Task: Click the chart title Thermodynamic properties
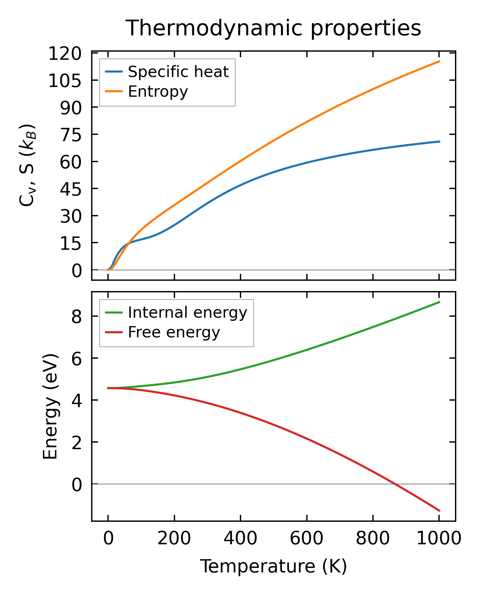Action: point(273,28)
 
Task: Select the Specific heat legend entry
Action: point(178,72)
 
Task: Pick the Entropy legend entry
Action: point(158,91)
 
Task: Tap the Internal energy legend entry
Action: point(187,312)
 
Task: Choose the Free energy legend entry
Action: point(174,332)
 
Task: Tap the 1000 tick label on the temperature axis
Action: point(439,539)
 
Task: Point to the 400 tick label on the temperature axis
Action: point(240,539)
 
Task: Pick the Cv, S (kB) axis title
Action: point(28,165)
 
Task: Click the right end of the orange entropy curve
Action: point(439,61)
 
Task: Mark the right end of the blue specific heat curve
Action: point(439,141)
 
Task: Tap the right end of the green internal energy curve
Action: point(439,302)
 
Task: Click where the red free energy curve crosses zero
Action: point(395,484)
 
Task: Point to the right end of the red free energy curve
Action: point(439,511)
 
